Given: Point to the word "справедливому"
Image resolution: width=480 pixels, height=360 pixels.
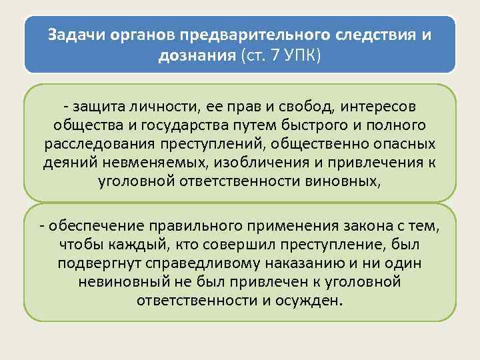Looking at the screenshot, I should [226, 263].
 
